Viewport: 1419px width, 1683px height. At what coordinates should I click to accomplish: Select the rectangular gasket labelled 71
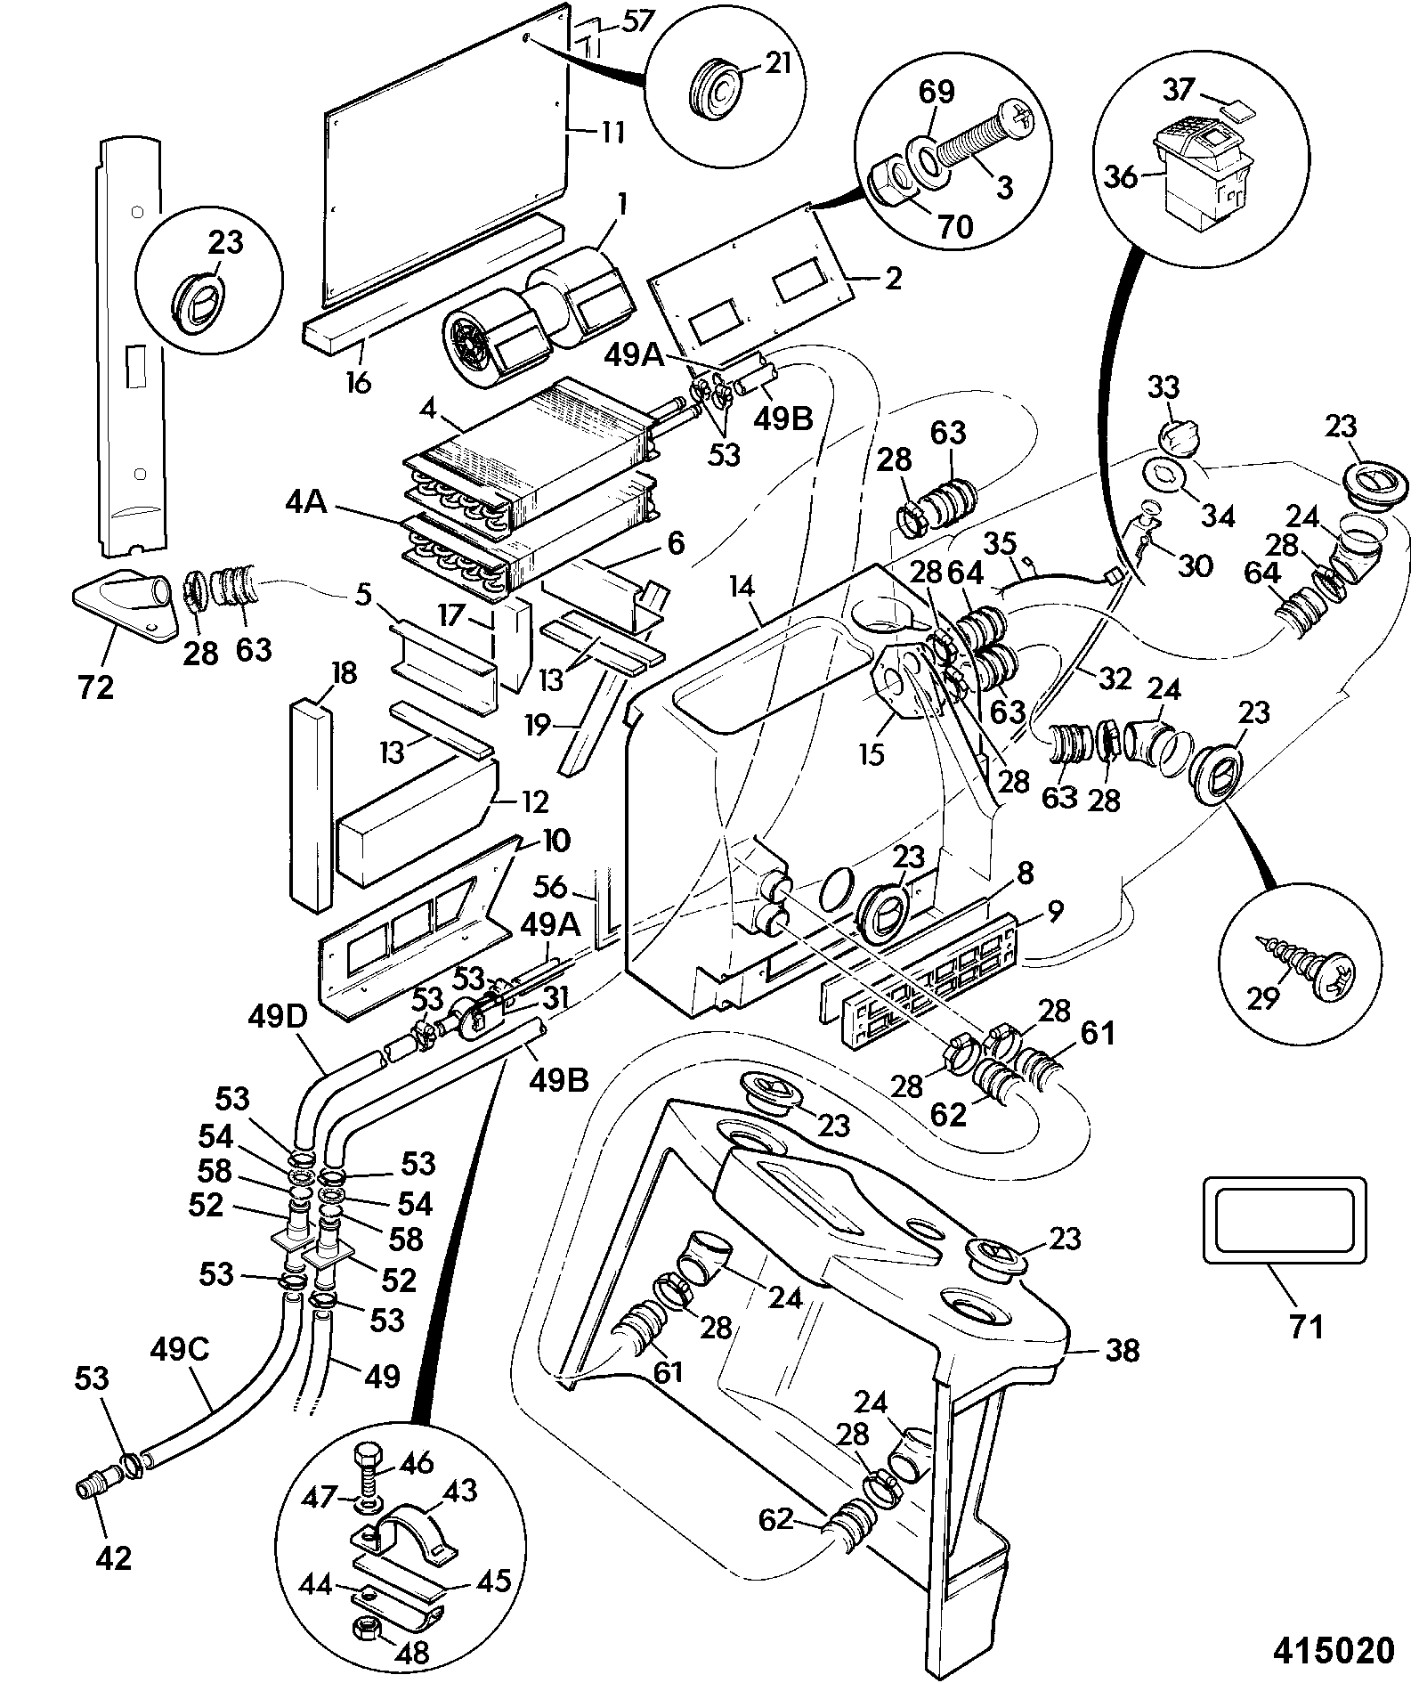(1284, 1218)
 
